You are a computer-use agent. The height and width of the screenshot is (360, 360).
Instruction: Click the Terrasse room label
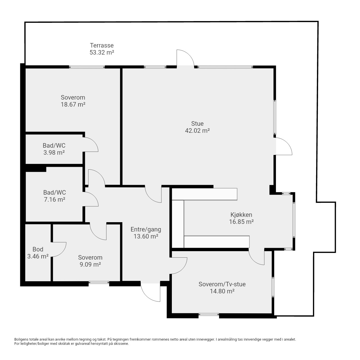click(x=102, y=45)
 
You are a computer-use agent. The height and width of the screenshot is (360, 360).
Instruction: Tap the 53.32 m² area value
click(x=102, y=53)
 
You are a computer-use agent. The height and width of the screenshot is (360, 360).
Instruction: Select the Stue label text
click(x=197, y=123)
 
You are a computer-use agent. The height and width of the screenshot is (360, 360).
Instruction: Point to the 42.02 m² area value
click(x=197, y=130)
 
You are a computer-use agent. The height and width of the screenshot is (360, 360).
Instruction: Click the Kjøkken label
click(x=241, y=215)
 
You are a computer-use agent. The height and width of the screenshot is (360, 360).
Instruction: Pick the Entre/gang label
click(x=146, y=229)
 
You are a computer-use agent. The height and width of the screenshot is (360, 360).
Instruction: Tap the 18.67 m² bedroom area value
click(x=73, y=104)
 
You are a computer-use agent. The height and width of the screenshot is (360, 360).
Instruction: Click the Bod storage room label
click(x=38, y=249)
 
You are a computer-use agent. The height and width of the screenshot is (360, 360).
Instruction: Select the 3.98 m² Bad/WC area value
click(x=54, y=153)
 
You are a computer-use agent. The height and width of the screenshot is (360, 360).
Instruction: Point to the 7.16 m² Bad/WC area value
click(x=54, y=199)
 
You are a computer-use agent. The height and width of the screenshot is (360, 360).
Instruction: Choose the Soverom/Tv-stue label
click(x=222, y=284)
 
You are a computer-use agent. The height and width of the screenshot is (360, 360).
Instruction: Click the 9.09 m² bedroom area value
click(x=90, y=265)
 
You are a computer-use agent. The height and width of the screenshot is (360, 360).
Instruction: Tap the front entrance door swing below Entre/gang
click(x=150, y=292)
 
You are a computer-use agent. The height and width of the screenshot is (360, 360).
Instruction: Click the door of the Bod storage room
click(x=59, y=249)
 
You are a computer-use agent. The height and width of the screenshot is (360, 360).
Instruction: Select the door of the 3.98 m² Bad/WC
click(x=91, y=144)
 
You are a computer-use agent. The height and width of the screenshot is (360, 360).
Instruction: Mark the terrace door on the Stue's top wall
click(x=186, y=58)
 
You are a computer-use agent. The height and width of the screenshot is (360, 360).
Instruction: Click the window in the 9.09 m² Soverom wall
click(x=99, y=282)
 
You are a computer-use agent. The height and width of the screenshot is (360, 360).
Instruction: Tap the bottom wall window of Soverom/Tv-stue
click(x=208, y=315)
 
